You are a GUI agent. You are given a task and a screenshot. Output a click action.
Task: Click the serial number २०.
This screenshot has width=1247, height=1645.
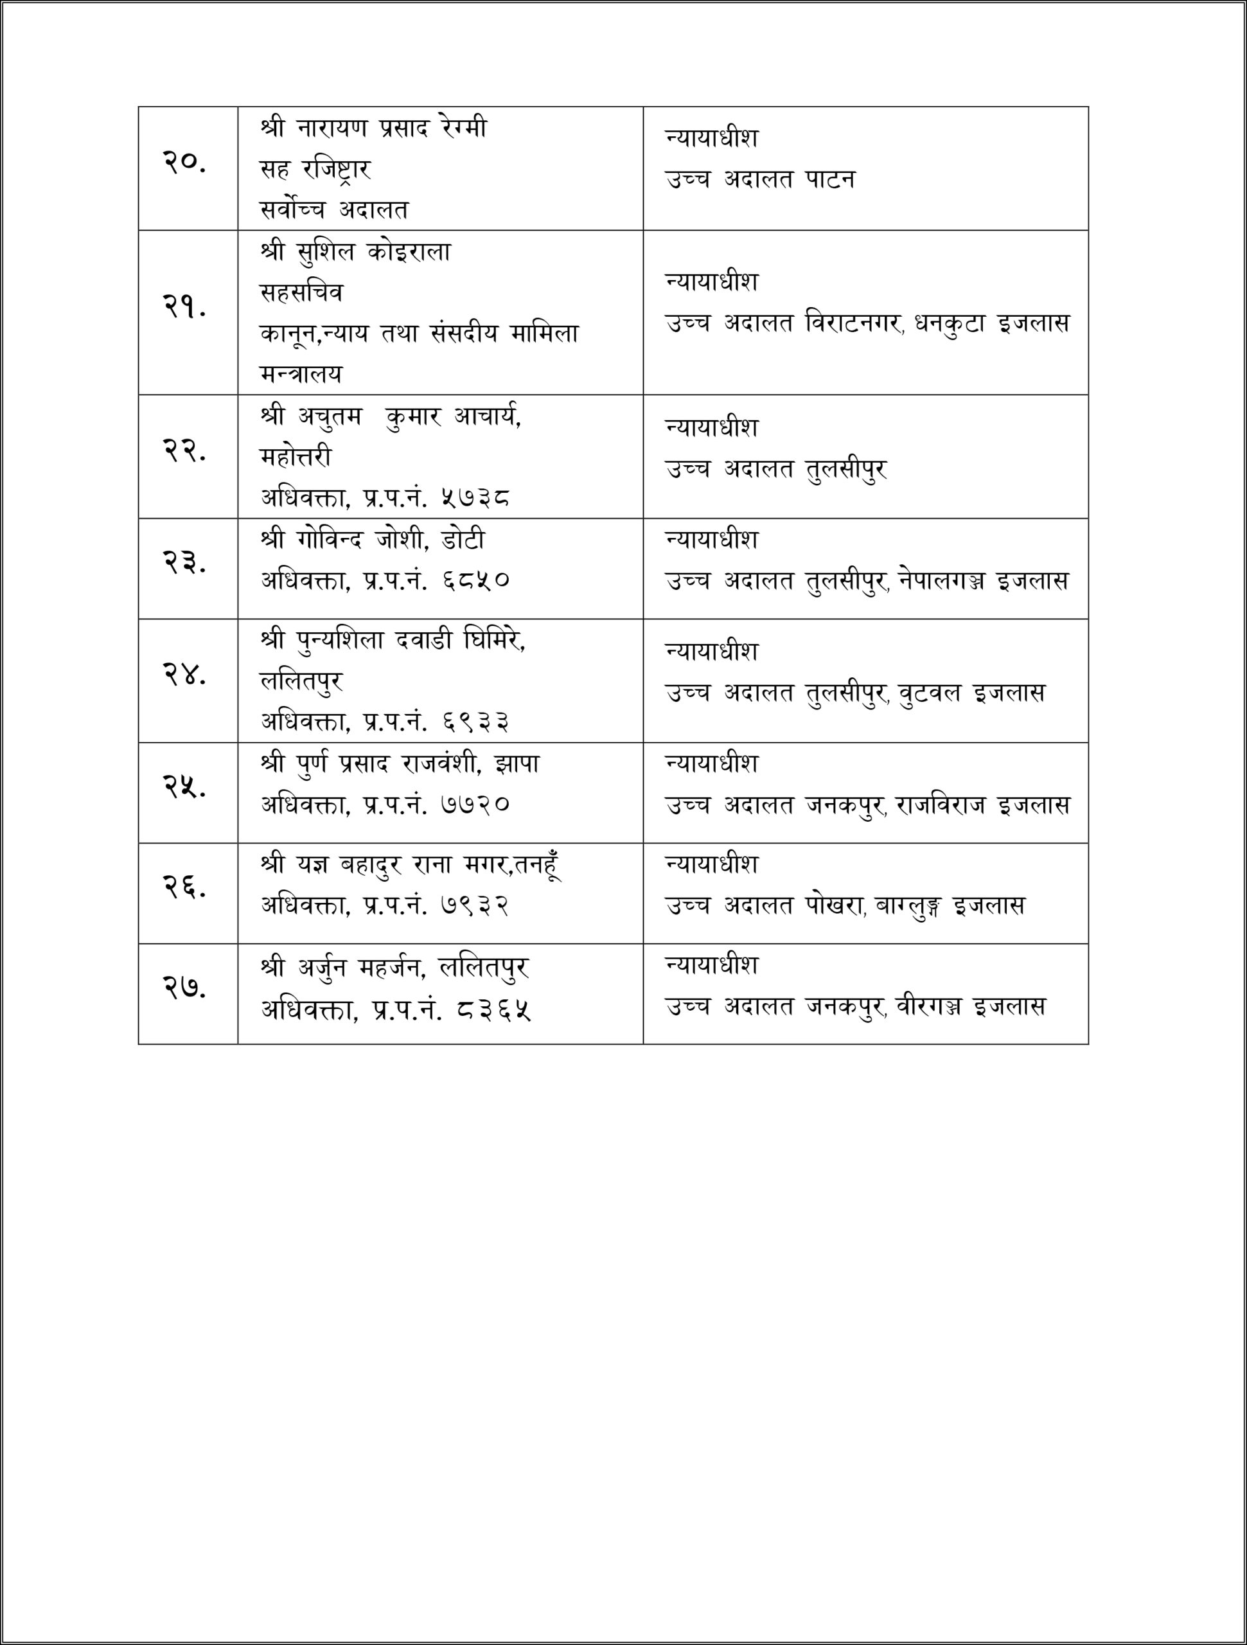pos(184,162)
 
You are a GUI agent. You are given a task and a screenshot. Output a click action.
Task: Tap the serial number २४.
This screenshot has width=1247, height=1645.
pos(184,674)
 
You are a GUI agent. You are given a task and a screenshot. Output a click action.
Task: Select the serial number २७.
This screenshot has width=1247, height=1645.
pos(184,987)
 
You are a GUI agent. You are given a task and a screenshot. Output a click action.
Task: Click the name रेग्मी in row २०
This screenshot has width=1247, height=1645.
pos(462,129)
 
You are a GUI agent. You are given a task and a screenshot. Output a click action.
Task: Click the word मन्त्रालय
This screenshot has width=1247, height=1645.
pos(301,373)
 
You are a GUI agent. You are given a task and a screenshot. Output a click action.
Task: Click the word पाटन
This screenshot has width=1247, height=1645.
pos(830,179)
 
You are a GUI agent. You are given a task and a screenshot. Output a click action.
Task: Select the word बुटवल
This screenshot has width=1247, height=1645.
pos(930,693)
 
